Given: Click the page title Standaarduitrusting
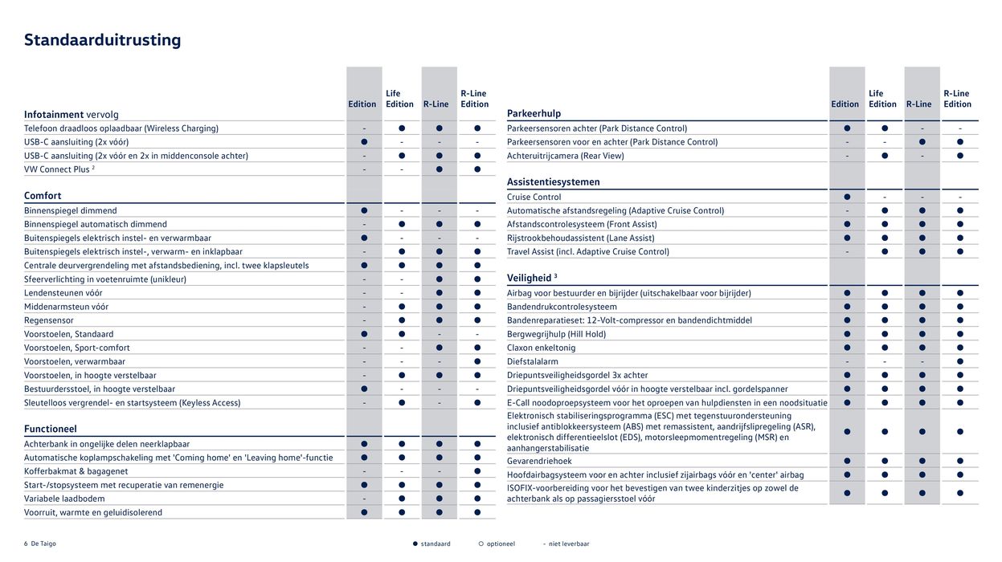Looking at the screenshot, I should (x=102, y=40).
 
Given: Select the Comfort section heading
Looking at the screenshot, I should (x=43, y=196).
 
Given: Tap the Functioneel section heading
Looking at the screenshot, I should (x=51, y=430).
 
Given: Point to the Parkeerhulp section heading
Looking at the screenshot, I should (x=534, y=113).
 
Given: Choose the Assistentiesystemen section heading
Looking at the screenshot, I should (x=554, y=182).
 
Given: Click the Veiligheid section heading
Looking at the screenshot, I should (x=530, y=279).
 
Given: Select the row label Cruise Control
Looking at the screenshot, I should (x=534, y=197).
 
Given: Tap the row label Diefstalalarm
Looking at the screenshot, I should (x=533, y=361).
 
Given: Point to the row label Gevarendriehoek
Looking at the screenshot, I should (x=538, y=462).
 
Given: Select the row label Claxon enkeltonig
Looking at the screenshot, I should (x=542, y=348).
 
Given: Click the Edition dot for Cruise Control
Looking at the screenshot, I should (x=847, y=197).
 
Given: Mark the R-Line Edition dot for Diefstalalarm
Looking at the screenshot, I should (x=959, y=361).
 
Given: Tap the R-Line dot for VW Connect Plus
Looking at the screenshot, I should (x=439, y=169).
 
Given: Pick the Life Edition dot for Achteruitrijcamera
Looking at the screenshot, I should (x=885, y=156).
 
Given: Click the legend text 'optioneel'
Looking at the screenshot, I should (x=500, y=544).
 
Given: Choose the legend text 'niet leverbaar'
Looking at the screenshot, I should (x=570, y=544).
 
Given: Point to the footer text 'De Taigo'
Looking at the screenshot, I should (x=43, y=544).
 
